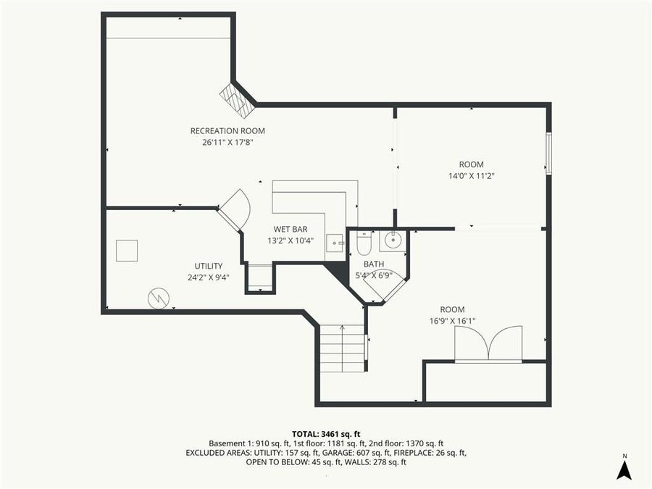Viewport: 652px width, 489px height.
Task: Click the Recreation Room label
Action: pyautogui.click(x=227, y=131)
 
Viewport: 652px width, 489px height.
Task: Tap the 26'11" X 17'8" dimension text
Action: pyautogui.click(x=227, y=143)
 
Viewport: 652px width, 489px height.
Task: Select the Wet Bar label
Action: pyautogui.click(x=290, y=229)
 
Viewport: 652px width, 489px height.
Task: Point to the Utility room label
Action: pyautogui.click(x=208, y=266)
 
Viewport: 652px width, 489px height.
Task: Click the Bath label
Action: pyautogui.click(x=374, y=264)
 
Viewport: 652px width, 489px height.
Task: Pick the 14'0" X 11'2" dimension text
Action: pyautogui.click(x=471, y=175)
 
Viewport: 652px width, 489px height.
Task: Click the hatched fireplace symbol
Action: pyautogui.click(x=238, y=101)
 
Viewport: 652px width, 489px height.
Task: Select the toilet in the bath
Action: pyautogui.click(x=364, y=243)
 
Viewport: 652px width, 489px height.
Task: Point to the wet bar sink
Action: pyautogui.click(x=335, y=243)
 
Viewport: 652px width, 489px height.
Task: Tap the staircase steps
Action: pyautogui.click(x=342, y=348)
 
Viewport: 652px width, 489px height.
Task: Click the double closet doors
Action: pyautogui.click(x=488, y=343)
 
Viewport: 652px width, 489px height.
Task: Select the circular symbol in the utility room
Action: pyautogui.click(x=158, y=297)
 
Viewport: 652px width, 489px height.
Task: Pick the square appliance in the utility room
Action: pyautogui.click(x=127, y=250)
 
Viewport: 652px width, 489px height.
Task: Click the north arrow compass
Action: pyautogui.click(x=623, y=468)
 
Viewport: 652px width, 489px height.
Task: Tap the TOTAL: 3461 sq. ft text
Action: pyautogui.click(x=325, y=434)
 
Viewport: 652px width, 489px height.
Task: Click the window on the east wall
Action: pyautogui.click(x=548, y=153)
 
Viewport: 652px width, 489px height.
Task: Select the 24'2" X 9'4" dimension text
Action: pyautogui.click(x=208, y=277)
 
